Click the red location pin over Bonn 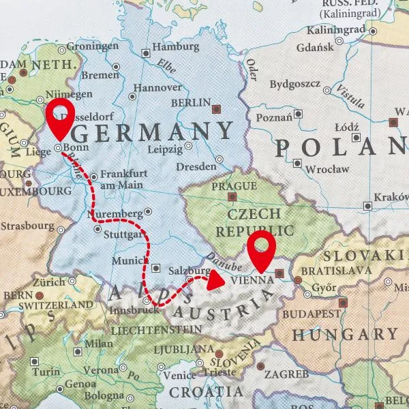pyautogui.click(x=59, y=117)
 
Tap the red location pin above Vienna pyautogui.click(x=261, y=249)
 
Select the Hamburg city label pyautogui.click(x=175, y=48)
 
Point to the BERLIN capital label pyautogui.click(x=192, y=103)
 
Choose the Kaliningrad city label pyautogui.click(x=337, y=31)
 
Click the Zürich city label pyautogui.click(x=49, y=282)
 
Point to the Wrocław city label pyautogui.click(x=327, y=168)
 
